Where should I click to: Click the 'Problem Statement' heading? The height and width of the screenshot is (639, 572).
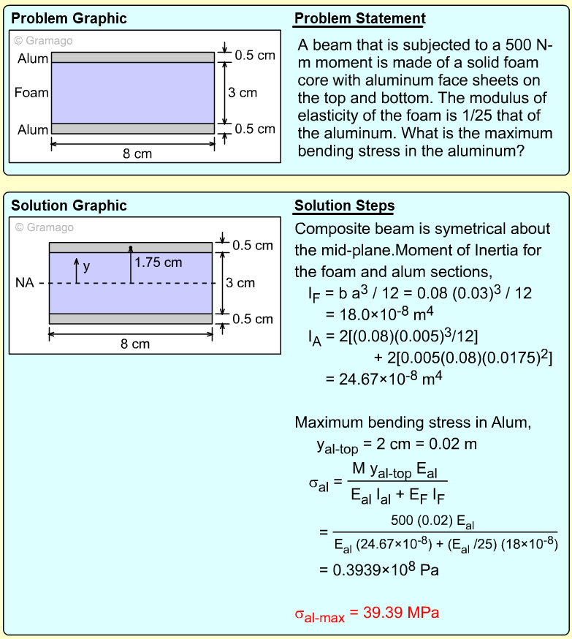(x=360, y=19)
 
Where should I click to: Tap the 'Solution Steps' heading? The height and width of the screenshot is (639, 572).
(x=344, y=205)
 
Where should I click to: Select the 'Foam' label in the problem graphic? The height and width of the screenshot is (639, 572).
(x=31, y=93)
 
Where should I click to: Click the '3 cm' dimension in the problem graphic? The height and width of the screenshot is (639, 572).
(x=243, y=93)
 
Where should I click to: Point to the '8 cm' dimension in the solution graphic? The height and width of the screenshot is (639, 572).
(x=135, y=344)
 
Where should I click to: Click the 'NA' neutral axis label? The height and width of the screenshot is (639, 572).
(x=24, y=283)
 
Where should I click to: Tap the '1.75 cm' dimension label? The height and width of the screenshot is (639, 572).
(x=159, y=262)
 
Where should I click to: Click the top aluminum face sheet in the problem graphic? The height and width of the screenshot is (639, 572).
(x=132, y=57)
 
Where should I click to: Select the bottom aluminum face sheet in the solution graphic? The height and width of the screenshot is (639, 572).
(x=130, y=318)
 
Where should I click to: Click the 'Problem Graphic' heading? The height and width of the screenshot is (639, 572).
(x=69, y=19)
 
